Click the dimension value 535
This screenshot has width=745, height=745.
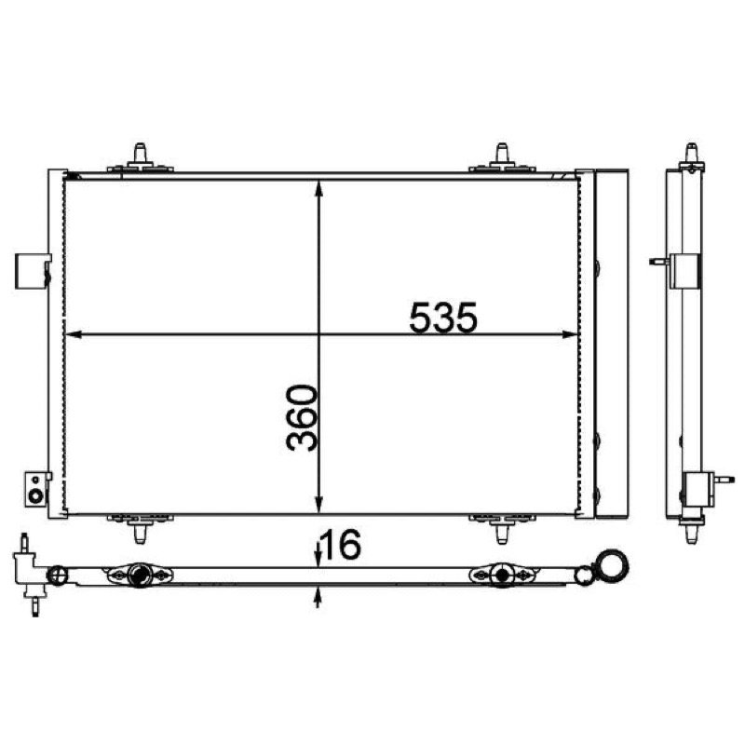[443, 317]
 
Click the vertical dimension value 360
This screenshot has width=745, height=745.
[302, 417]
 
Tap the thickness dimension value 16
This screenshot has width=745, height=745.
[342, 545]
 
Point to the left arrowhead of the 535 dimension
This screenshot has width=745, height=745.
[74, 334]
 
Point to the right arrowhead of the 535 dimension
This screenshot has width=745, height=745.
[570, 334]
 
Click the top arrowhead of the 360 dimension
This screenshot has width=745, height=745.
[318, 188]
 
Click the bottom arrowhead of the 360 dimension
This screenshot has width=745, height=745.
[318, 505]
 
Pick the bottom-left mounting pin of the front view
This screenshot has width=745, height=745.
[141, 528]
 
